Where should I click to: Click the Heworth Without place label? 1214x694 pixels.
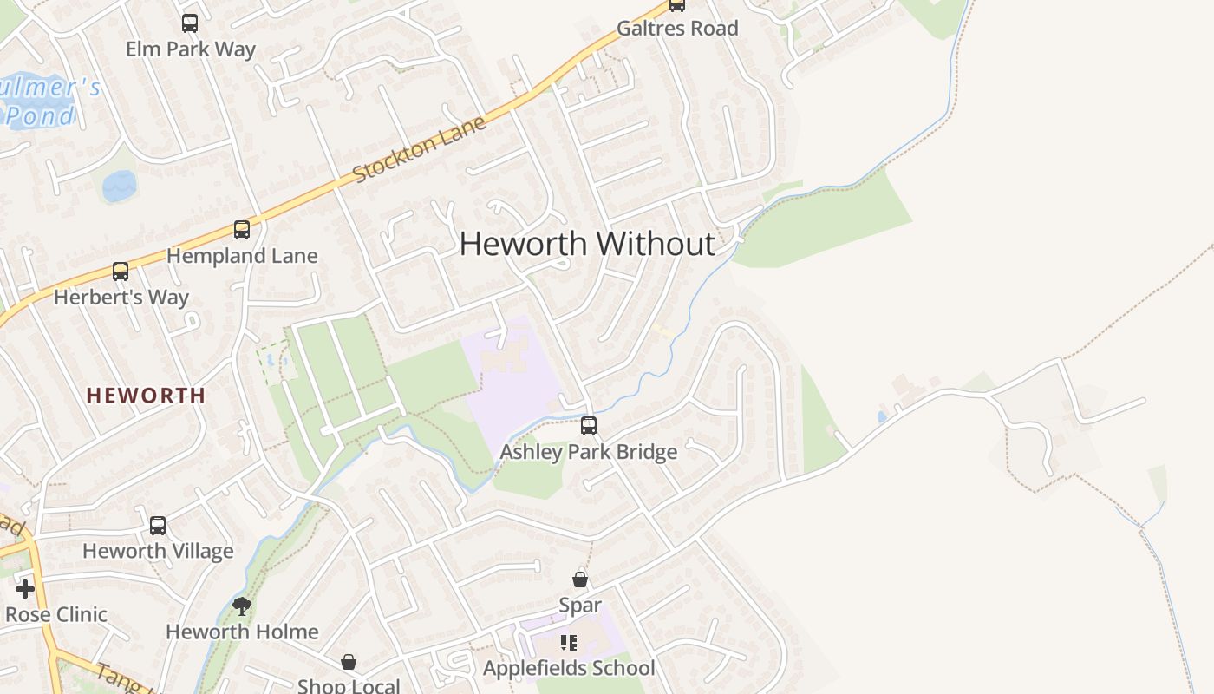587,244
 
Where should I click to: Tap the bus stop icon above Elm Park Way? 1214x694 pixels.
190,23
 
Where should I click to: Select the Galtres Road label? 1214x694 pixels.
677,29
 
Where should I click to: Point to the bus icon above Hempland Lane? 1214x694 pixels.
242,230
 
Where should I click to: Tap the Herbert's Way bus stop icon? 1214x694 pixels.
121,272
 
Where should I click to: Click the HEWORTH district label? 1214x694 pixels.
146,396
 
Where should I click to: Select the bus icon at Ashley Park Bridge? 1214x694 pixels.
589,426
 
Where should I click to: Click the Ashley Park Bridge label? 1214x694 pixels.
589,452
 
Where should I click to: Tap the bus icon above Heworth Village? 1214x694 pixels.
158,525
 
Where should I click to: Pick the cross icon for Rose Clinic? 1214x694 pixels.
25,589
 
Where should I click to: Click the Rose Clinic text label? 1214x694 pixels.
56,615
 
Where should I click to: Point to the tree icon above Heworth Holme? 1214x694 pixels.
242,606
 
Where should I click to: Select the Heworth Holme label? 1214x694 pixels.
242,632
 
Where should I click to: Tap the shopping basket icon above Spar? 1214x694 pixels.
580,579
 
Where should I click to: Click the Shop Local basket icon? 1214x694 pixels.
349,662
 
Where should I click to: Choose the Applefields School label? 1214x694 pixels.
569,668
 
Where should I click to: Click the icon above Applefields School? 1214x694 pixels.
569,643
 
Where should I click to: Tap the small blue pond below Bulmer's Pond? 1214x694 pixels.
119,185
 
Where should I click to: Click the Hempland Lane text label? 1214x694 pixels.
242,256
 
